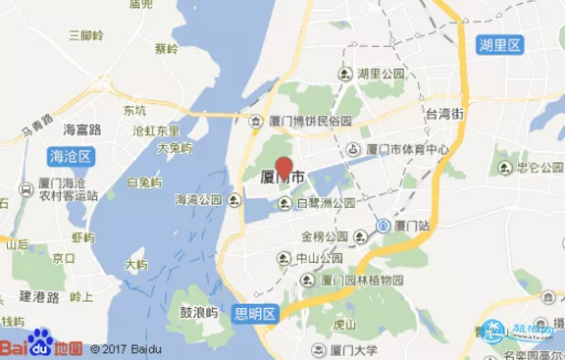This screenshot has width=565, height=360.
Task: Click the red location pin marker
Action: pos(283,168)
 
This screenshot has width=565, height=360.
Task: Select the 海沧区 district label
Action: pos(69,155)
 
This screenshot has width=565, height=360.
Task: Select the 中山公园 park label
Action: pos(320,258)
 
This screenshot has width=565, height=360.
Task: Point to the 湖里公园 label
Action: pos(382,74)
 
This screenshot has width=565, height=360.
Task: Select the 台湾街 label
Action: pos(443,114)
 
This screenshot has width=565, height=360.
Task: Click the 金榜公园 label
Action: pos(325,236)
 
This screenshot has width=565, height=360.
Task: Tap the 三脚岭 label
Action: pos(86,34)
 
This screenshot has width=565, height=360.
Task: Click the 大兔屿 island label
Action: pos(174,148)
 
